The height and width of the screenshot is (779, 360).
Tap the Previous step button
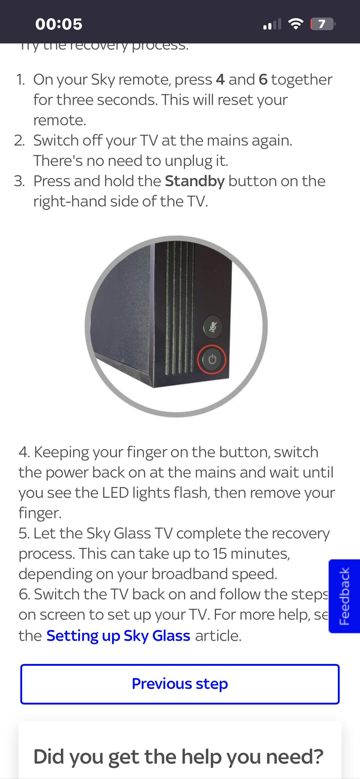click(180, 684)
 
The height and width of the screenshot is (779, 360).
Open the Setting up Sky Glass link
click(118, 636)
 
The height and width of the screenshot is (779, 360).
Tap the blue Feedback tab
click(344, 596)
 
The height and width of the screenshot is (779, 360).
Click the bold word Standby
click(195, 181)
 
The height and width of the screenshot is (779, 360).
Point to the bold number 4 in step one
click(220, 80)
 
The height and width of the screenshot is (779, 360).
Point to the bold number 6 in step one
click(263, 80)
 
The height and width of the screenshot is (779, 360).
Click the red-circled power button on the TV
click(212, 359)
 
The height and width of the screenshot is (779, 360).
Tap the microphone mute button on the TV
click(212, 326)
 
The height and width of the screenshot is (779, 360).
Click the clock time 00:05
click(59, 24)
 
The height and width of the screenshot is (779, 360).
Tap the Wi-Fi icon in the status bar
click(296, 24)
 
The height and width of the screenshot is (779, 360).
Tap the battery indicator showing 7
click(322, 24)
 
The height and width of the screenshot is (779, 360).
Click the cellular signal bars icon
click(272, 24)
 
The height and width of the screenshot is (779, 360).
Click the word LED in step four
click(115, 493)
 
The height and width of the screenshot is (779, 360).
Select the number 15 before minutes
click(220, 553)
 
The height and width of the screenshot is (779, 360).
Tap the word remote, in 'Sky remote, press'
click(145, 80)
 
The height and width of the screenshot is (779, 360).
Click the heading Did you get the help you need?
click(178, 757)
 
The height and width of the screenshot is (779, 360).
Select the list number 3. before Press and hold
click(19, 181)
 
